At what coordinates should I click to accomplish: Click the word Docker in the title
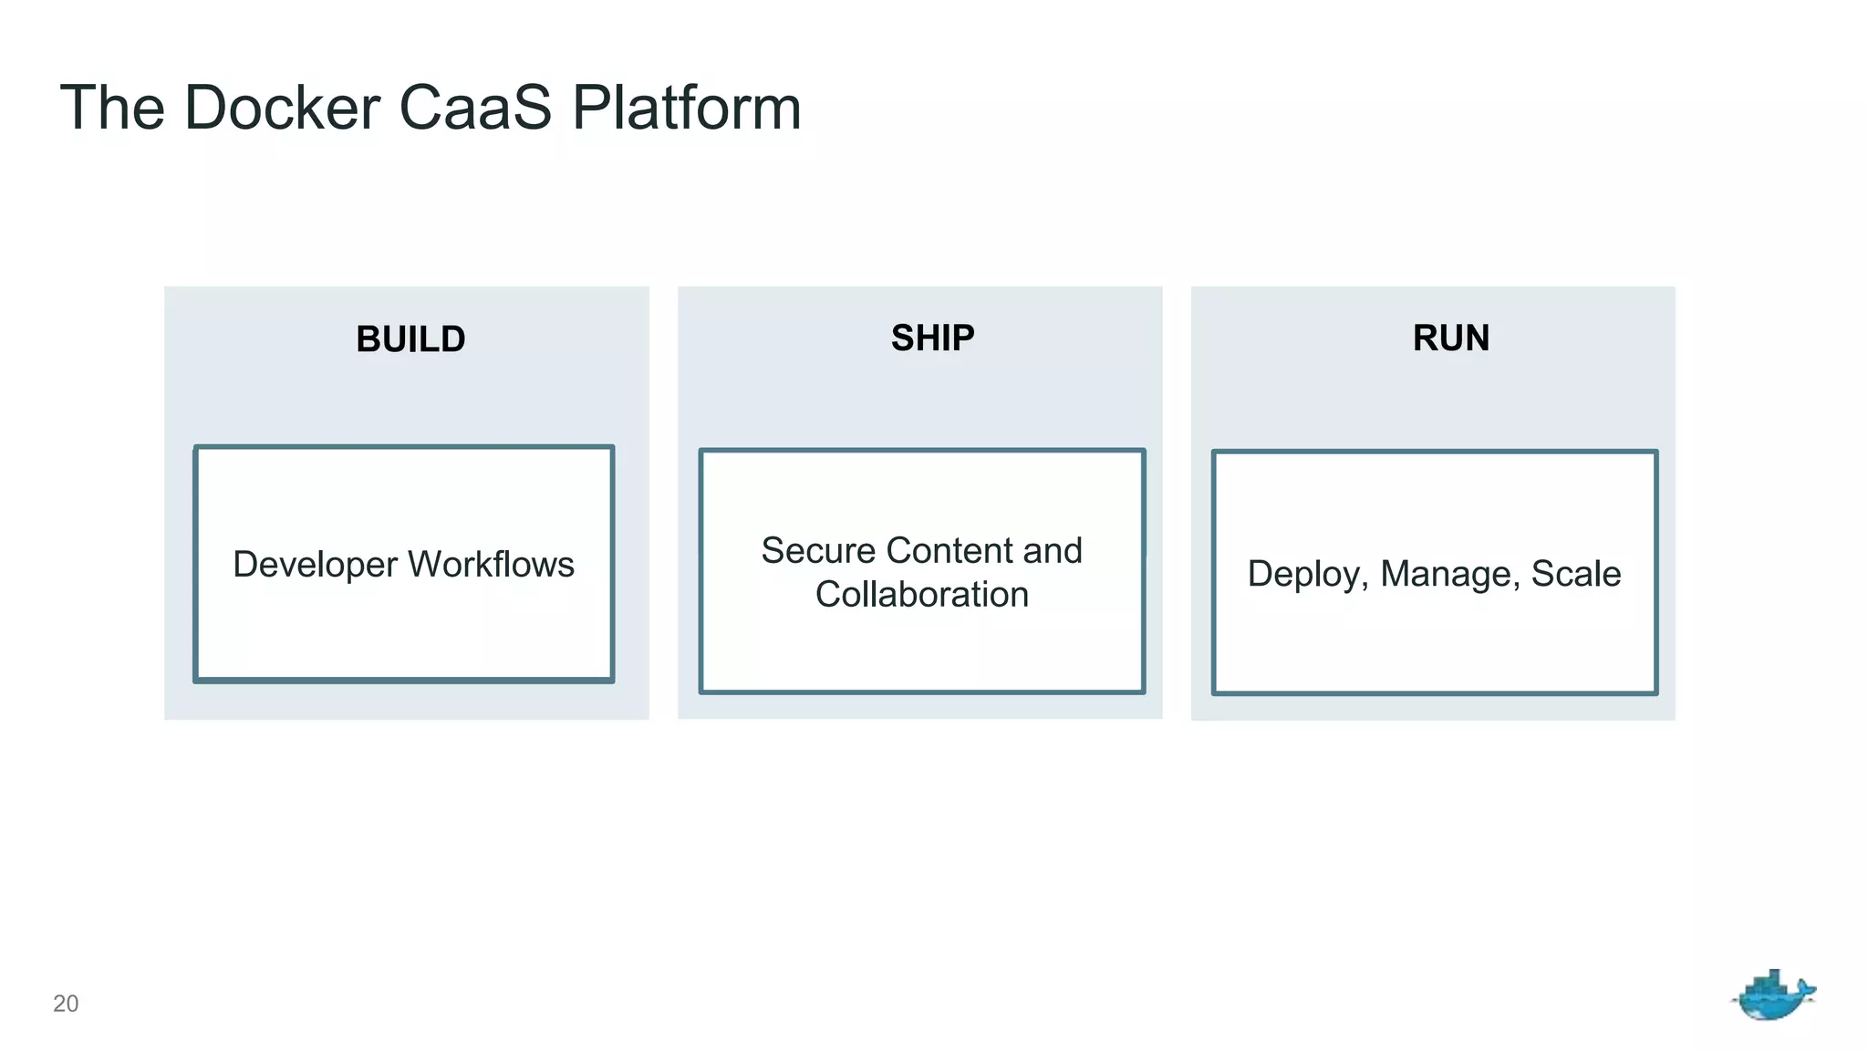(x=281, y=108)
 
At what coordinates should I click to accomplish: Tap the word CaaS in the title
(x=475, y=108)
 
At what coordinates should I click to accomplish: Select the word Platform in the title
(x=686, y=108)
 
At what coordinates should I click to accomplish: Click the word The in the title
(x=112, y=108)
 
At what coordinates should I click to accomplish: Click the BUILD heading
(x=410, y=339)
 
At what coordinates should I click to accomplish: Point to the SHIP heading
(x=932, y=338)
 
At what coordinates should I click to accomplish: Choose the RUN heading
(x=1450, y=338)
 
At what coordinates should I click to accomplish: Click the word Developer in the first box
(x=315, y=565)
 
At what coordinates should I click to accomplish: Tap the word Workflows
(x=491, y=565)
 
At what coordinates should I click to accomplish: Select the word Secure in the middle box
(x=818, y=551)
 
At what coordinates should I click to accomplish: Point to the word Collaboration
(x=921, y=595)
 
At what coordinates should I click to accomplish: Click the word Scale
(x=1575, y=574)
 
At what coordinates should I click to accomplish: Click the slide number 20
(x=66, y=1004)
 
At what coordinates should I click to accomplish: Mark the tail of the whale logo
(x=1806, y=990)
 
